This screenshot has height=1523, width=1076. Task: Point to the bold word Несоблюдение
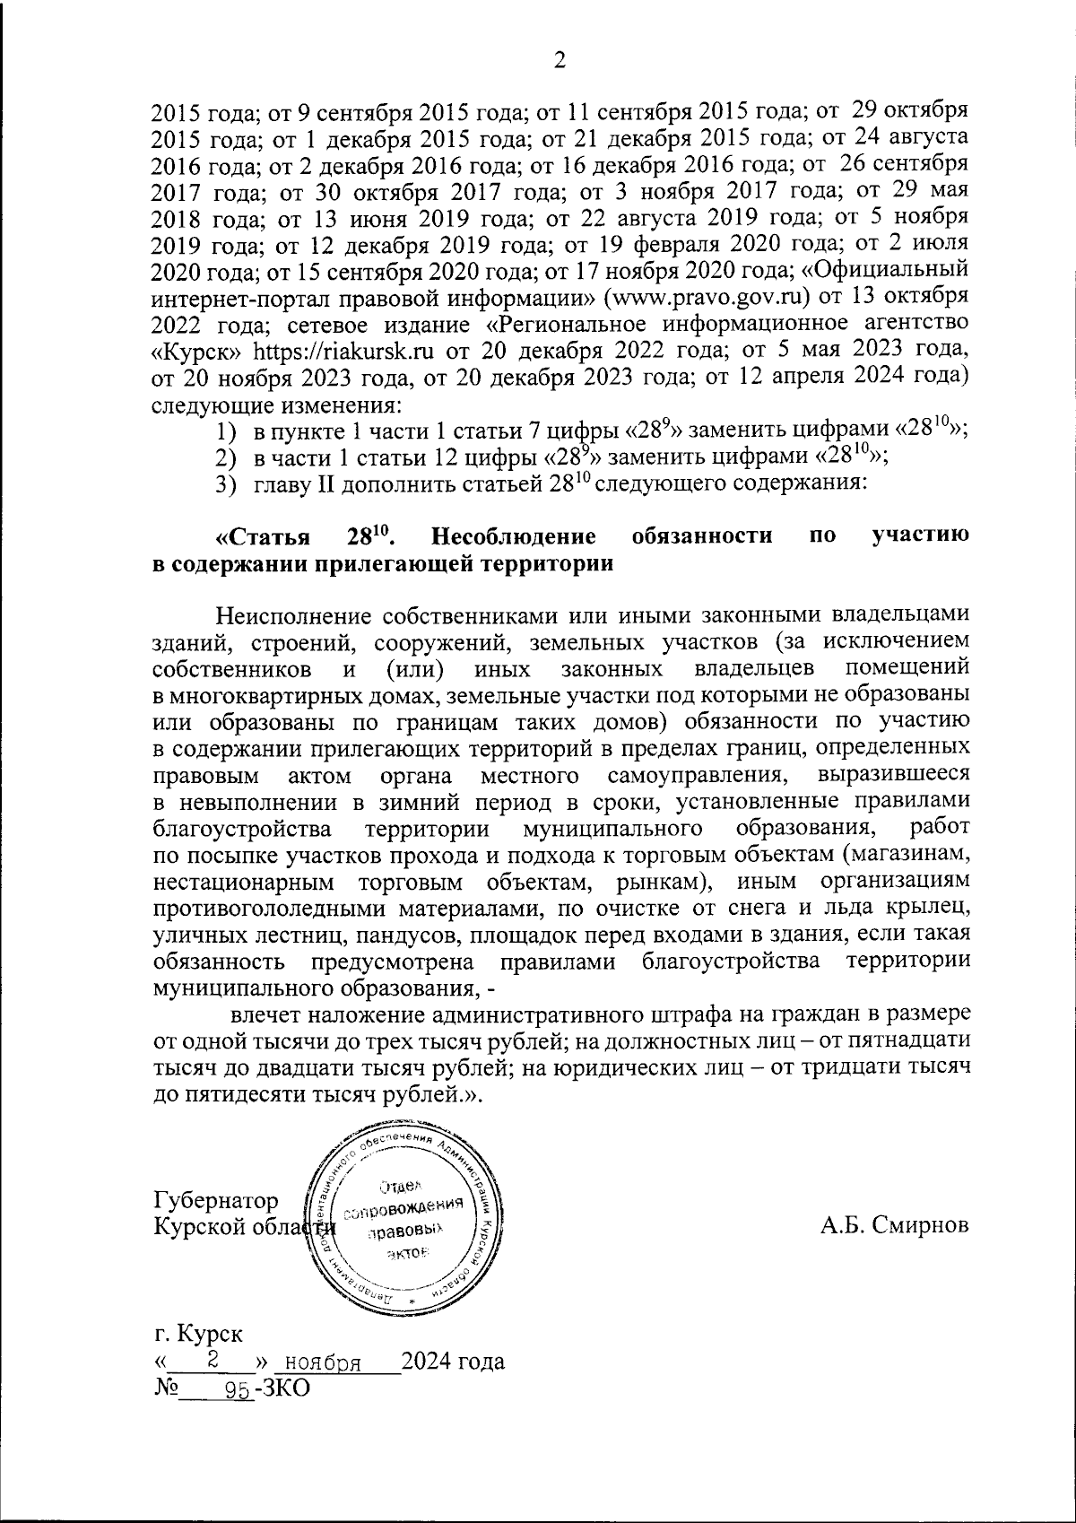[514, 537]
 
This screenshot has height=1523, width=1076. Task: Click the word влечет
[265, 1016]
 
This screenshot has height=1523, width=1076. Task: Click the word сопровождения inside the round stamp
[409, 1209]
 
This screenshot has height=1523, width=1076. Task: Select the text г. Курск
[196, 1334]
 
